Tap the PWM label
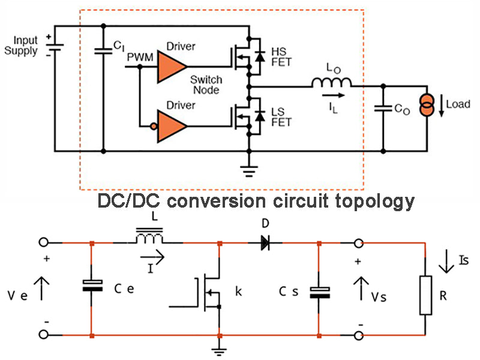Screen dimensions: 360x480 pyautogui.click(x=140, y=56)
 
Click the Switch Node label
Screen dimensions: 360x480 pyautogui.click(x=206, y=85)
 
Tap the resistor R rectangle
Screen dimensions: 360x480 pyautogui.click(x=426, y=296)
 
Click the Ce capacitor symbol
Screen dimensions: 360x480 pyautogui.click(x=91, y=286)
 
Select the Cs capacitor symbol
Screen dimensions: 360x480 pyautogui.click(x=319, y=292)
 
